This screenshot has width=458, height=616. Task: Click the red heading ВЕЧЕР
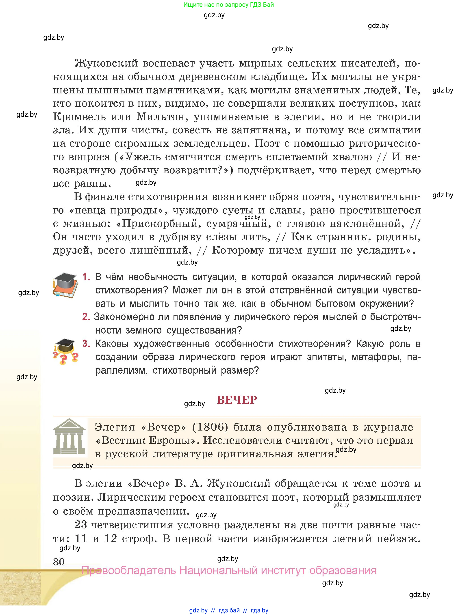(x=237, y=400)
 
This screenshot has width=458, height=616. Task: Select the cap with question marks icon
(x=66, y=351)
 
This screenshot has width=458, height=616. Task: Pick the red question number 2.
(x=86, y=317)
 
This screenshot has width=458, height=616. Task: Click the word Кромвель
(x=79, y=117)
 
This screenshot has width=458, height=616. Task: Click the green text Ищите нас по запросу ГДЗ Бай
(x=228, y=5)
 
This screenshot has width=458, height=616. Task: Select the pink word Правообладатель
(x=129, y=570)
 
